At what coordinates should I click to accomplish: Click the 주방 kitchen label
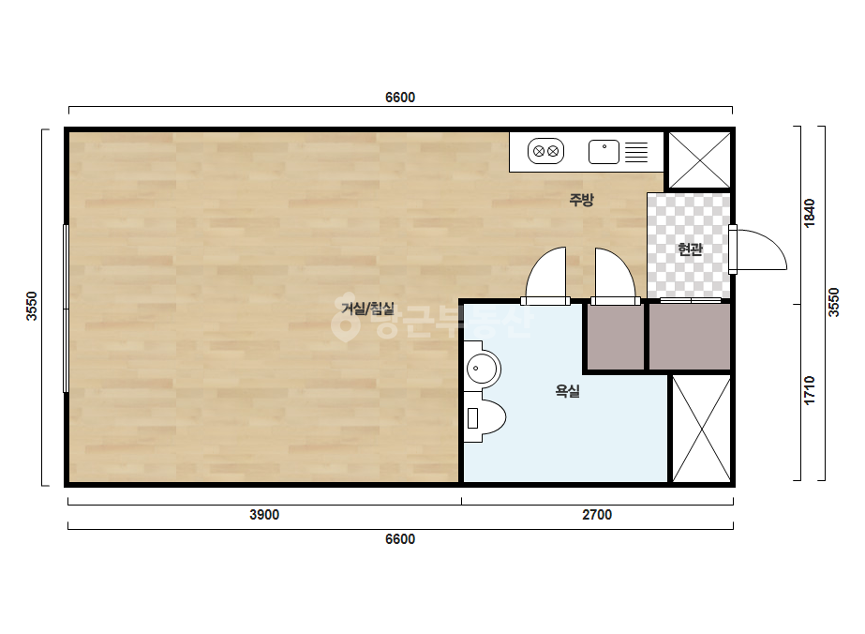pyautogui.click(x=581, y=200)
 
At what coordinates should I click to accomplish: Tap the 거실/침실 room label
pyautogui.click(x=368, y=309)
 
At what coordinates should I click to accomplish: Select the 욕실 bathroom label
pyautogui.click(x=567, y=391)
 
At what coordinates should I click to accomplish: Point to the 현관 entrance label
pyautogui.click(x=690, y=249)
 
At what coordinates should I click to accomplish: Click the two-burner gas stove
pyautogui.click(x=545, y=151)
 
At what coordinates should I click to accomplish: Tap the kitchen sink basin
pyautogui.click(x=604, y=152)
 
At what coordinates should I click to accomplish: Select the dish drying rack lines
pyautogui.click(x=636, y=152)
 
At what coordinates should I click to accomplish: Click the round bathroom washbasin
pyautogui.click(x=482, y=369)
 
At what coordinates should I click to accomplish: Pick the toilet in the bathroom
pyautogui.click(x=485, y=417)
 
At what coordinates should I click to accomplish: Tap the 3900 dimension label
pyautogui.click(x=264, y=515)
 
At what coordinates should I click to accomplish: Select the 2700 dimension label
pyautogui.click(x=597, y=515)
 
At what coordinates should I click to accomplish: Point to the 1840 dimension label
pyautogui.click(x=810, y=213)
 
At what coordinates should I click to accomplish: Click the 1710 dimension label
pyautogui.click(x=810, y=390)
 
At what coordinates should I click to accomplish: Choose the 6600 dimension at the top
pyautogui.click(x=400, y=98)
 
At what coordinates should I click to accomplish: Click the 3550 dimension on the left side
pyautogui.click(x=32, y=306)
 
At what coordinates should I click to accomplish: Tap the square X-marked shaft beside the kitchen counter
pyautogui.click(x=699, y=160)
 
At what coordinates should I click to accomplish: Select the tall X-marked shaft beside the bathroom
pyautogui.click(x=701, y=429)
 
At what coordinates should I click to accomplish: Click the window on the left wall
pyautogui.click(x=66, y=309)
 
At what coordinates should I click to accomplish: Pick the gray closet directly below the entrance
pyautogui.click(x=690, y=336)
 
